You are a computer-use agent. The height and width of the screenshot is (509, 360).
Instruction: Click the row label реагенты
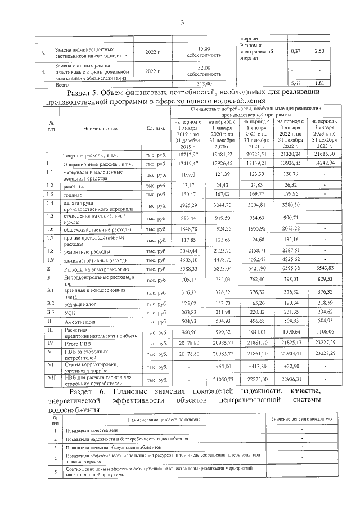(74, 185)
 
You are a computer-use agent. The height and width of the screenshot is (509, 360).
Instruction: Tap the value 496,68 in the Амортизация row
(256, 321)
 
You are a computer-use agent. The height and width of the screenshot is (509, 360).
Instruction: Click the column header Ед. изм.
(155, 128)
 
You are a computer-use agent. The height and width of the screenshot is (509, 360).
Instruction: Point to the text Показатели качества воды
(92, 430)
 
